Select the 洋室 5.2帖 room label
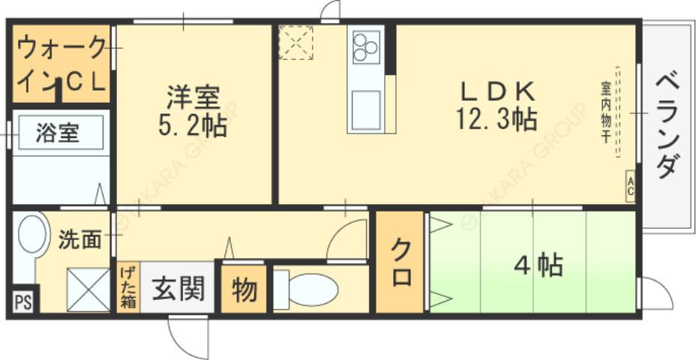(x=193, y=111)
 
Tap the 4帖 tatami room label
(x=538, y=265)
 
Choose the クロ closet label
(x=400, y=262)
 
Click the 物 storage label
(x=244, y=289)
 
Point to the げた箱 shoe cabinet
(x=127, y=286)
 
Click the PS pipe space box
(x=23, y=303)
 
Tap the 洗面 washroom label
(x=80, y=239)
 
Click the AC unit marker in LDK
(x=630, y=187)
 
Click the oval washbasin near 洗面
(x=32, y=234)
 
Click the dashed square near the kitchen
(x=295, y=43)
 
